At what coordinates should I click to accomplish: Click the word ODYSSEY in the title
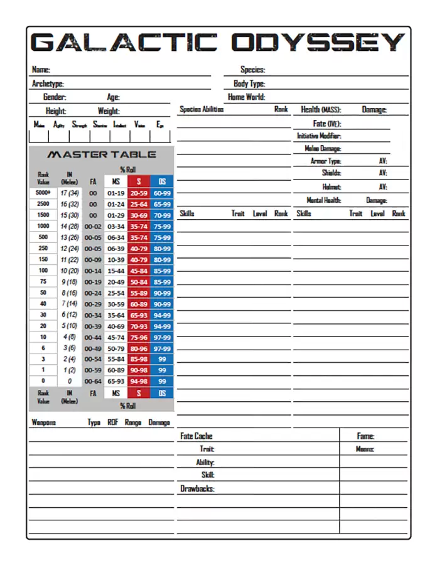[x=318, y=43]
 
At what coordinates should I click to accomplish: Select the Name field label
[x=41, y=70]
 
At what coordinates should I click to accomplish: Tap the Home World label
[x=246, y=97]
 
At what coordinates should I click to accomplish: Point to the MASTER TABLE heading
[x=102, y=154]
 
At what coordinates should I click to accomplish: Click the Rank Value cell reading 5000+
[x=43, y=193]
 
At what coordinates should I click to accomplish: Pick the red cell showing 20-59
[x=139, y=193]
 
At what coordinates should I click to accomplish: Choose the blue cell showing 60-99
[x=162, y=193]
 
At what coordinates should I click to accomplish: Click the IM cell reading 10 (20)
[x=69, y=271]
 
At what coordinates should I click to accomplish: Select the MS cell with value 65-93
[x=116, y=381]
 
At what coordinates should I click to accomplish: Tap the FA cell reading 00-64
[x=93, y=381]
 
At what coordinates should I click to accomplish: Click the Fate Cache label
[x=197, y=436]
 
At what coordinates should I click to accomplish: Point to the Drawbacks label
[x=198, y=488]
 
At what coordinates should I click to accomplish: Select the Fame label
[x=365, y=436]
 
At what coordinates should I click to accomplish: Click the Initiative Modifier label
[x=319, y=136]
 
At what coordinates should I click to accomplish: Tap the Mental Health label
[x=324, y=200]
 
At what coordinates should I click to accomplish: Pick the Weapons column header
[x=44, y=422]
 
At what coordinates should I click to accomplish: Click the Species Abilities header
[x=202, y=109]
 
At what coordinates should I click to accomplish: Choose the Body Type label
[x=249, y=83]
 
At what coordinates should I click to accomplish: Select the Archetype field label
[x=48, y=83]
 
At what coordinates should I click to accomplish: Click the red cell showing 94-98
[x=139, y=381]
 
